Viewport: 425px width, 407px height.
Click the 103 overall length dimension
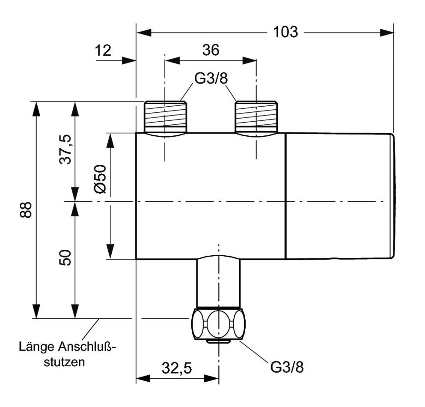point(285,32)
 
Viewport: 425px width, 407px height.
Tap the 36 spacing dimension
point(211,50)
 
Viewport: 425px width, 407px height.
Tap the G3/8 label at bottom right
point(290,368)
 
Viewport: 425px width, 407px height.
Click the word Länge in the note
point(36,346)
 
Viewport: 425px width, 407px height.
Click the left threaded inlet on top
point(165,117)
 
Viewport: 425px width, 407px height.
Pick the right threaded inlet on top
point(256,117)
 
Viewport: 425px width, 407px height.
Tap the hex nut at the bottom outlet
point(219,324)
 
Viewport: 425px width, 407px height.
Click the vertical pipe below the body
point(219,283)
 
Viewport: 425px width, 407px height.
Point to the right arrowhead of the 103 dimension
point(388,32)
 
